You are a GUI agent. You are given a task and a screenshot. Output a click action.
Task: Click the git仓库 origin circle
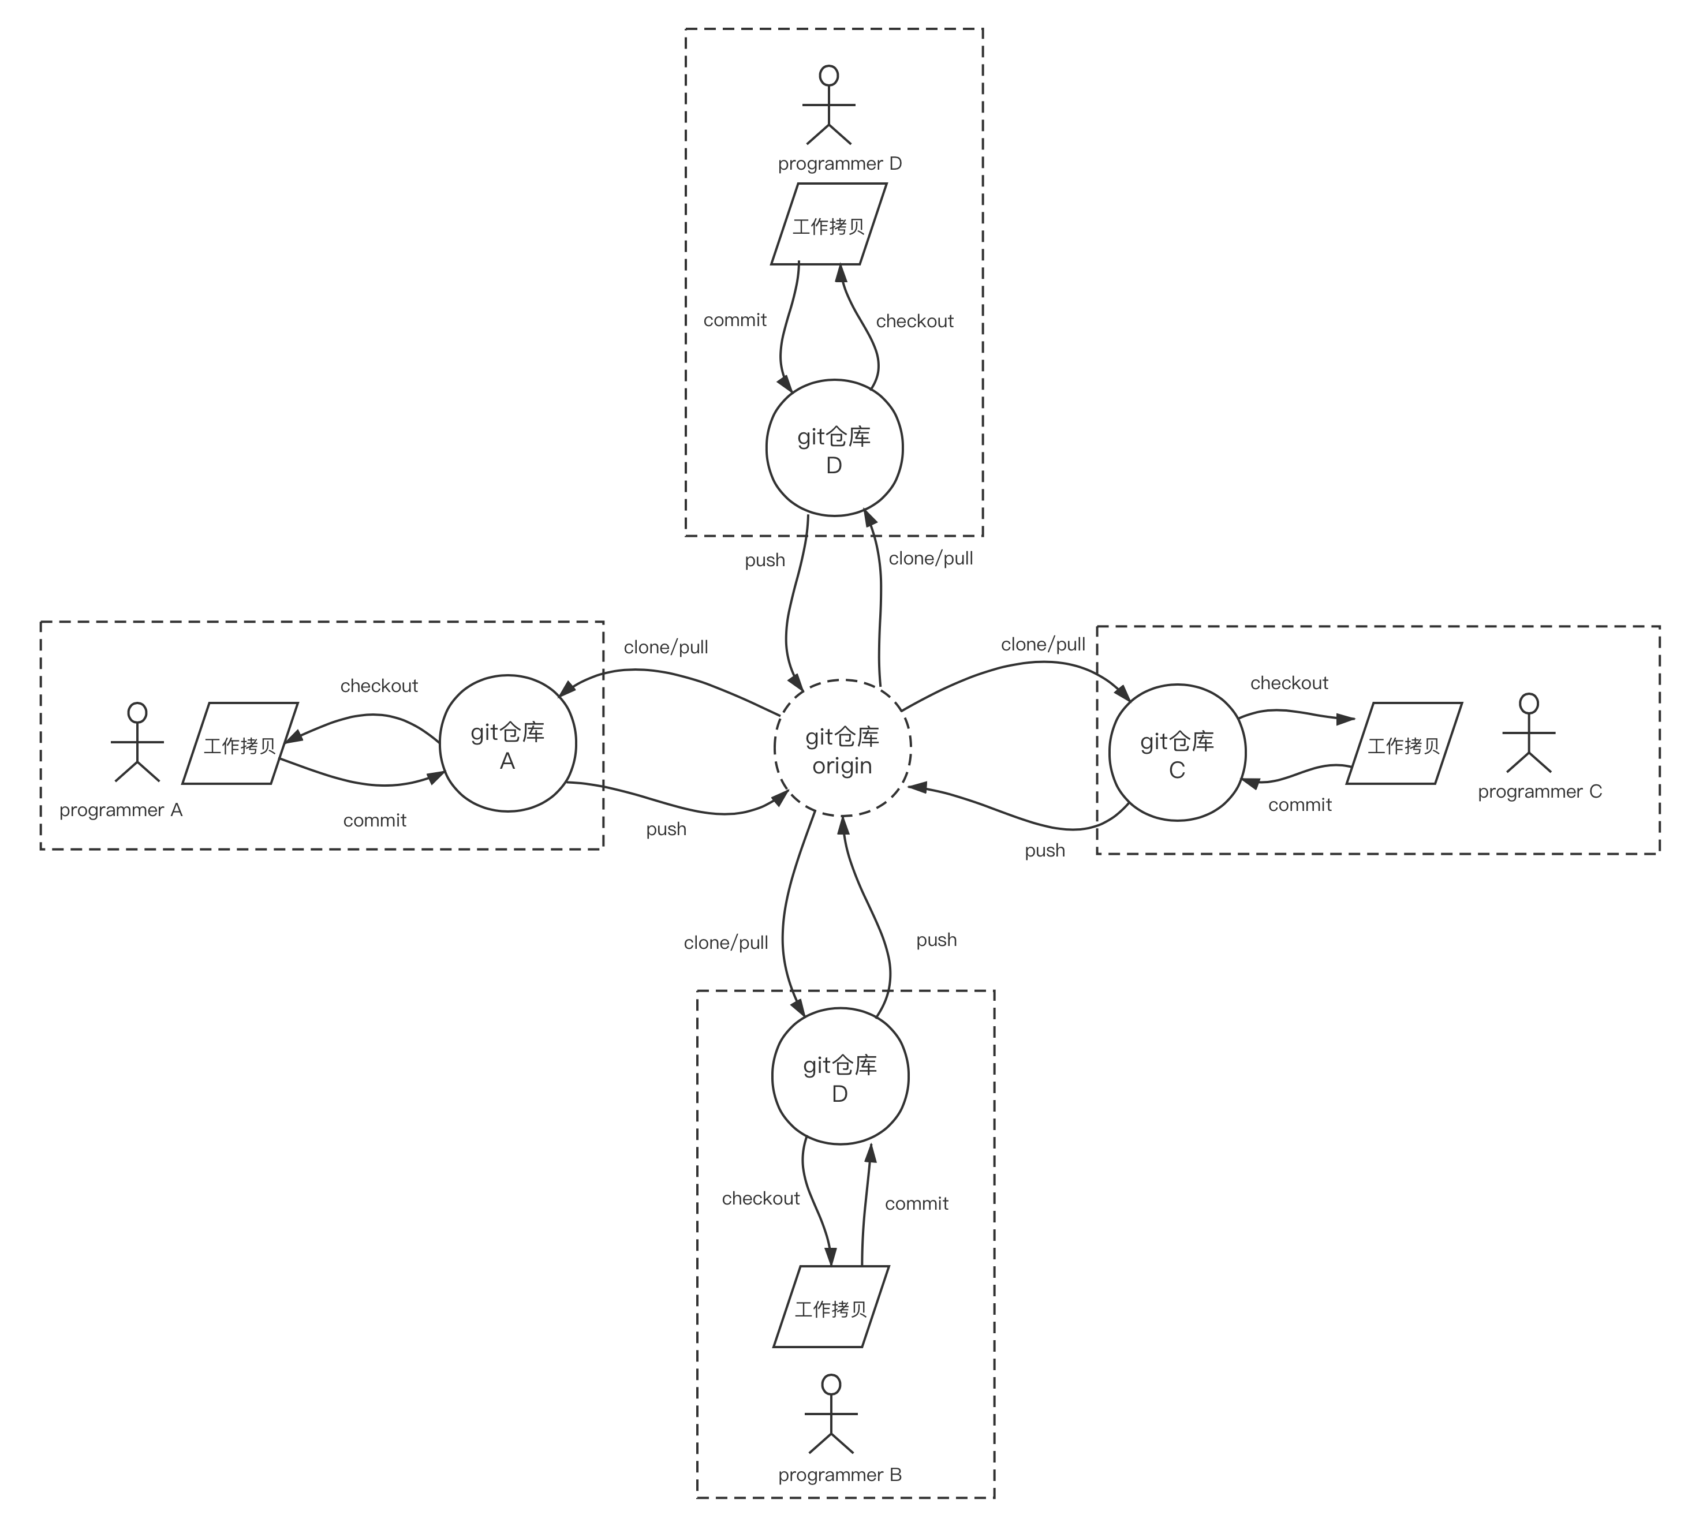[x=842, y=749]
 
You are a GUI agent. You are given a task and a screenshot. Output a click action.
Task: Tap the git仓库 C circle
[x=1177, y=753]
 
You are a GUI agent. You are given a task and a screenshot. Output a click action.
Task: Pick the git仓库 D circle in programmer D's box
[x=834, y=448]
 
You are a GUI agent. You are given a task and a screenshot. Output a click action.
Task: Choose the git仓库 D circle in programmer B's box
[x=840, y=1076]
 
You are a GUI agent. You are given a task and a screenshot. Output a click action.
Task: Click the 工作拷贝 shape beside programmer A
[x=240, y=743]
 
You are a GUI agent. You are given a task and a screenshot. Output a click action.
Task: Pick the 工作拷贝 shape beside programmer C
[x=1404, y=743]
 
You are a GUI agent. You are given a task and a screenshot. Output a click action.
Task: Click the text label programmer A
[x=121, y=810]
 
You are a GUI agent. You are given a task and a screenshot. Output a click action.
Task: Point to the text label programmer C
[x=1540, y=792]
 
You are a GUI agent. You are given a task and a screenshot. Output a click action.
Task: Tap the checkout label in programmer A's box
[x=379, y=686]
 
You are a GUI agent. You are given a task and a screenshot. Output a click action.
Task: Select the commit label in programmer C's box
[x=1299, y=805]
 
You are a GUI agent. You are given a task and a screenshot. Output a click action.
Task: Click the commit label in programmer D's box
[x=734, y=320]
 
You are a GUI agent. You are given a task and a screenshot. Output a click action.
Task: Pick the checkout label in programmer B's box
[x=760, y=1199]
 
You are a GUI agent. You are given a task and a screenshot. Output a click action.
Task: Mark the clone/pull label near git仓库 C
[x=1043, y=645]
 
